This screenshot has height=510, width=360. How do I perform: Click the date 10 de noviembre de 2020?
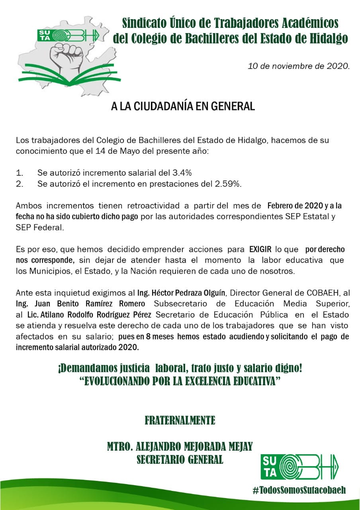click(x=298, y=66)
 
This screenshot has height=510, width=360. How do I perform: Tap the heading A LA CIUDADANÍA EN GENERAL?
click(x=183, y=107)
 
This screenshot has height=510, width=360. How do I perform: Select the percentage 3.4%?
click(x=182, y=173)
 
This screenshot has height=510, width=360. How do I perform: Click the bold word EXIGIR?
click(x=260, y=249)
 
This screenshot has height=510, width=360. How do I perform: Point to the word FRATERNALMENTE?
click(x=180, y=420)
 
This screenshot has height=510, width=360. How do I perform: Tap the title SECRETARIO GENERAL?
click(x=180, y=459)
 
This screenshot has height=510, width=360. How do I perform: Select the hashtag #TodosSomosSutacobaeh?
click(x=299, y=490)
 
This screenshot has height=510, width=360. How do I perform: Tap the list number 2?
click(x=20, y=184)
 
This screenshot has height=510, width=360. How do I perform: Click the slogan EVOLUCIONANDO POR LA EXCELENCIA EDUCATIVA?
click(x=180, y=381)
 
